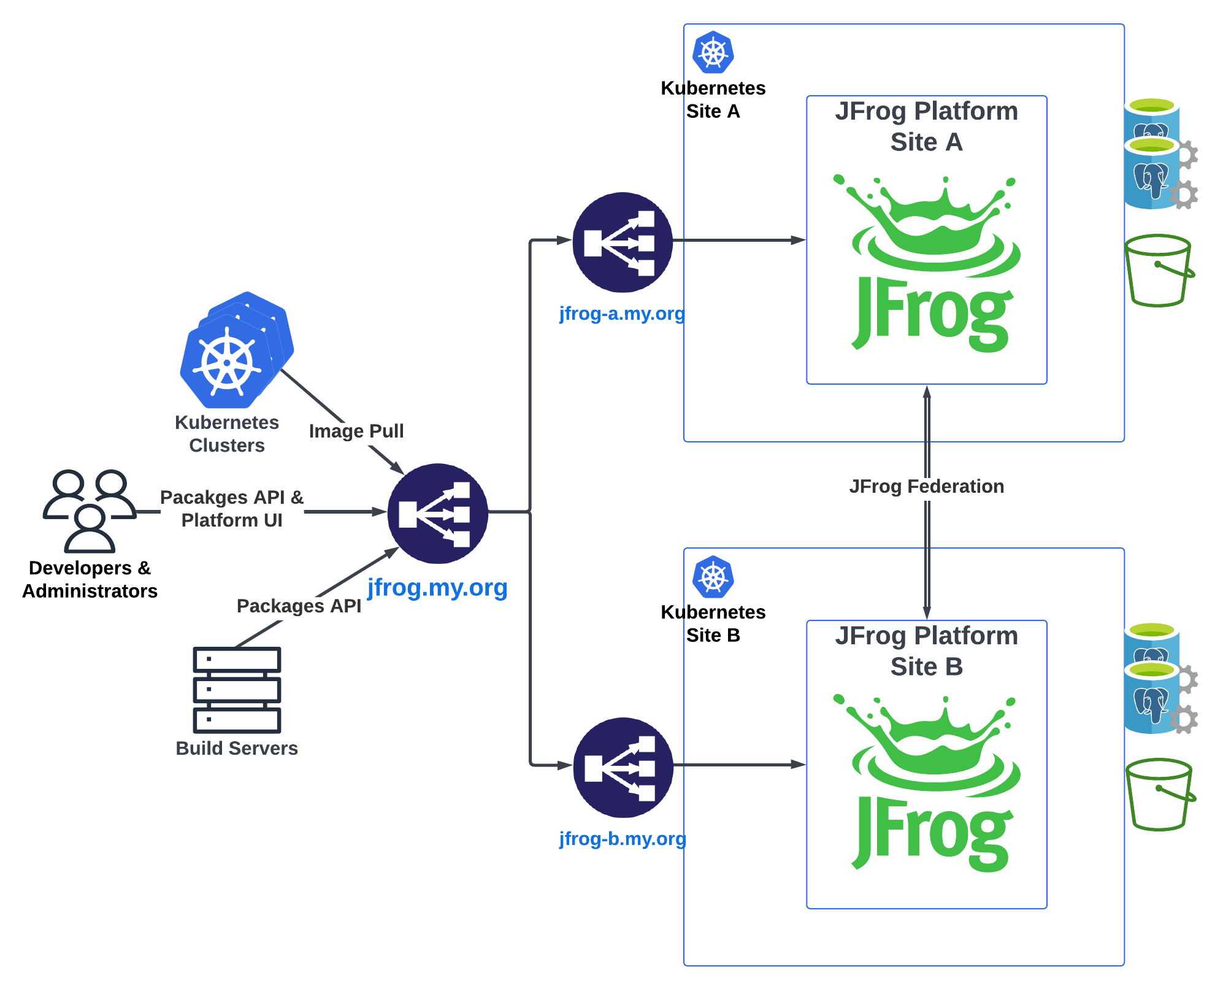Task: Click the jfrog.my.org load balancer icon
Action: tap(437, 513)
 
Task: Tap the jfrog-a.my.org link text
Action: tap(621, 314)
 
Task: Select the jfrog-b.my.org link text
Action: tap(622, 838)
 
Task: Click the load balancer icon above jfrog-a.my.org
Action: tap(622, 242)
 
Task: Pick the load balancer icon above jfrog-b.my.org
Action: tap(623, 767)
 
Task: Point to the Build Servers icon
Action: tap(237, 690)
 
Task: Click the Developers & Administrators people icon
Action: tap(90, 511)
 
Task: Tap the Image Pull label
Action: tap(356, 431)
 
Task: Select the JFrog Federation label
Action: tap(926, 486)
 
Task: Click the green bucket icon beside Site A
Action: tap(1159, 270)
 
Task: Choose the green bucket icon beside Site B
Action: tap(1159, 794)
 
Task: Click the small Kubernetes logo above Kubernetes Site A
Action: tap(713, 53)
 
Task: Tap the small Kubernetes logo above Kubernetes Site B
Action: tap(713, 577)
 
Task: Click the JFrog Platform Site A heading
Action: tap(926, 126)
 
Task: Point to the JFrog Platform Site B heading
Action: tap(926, 651)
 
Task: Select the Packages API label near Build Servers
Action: tap(299, 606)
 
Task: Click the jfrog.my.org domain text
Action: tap(437, 587)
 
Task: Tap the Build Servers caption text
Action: tap(237, 748)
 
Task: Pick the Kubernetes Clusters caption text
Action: tap(227, 434)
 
